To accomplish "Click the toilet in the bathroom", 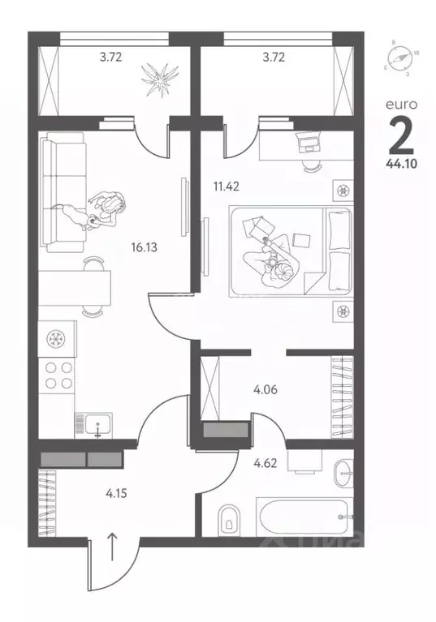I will pyautogui.click(x=229, y=516).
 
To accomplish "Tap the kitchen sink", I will pyautogui.click(x=94, y=423).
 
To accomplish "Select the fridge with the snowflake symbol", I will pyautogui.click(x=57, y=337).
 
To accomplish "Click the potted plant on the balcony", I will pyautogui.click(x=158, y=78).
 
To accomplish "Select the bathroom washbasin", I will pyautogui.click(x=343, y=470).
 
